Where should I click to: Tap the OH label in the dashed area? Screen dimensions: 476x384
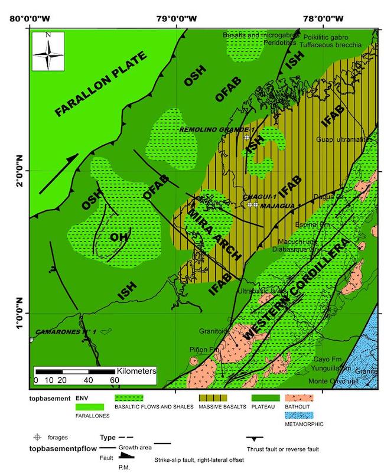tap(120, 237)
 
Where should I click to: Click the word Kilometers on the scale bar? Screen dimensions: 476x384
tap(135, 371)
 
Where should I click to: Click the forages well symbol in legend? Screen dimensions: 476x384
tap(37, 437)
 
